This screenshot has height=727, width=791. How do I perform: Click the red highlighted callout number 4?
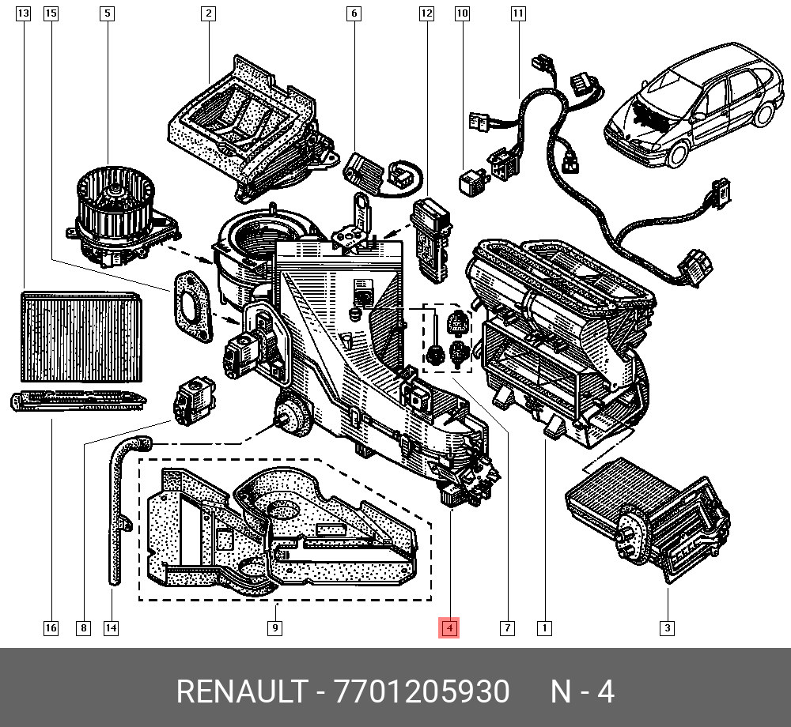point(448,629)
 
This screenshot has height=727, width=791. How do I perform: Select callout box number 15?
point(51,13)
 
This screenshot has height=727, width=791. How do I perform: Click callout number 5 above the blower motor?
point(107,13)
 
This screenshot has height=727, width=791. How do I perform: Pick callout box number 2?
point(208,13)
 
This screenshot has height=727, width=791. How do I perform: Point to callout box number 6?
point(354,13)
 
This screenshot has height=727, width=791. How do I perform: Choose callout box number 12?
point(426,13)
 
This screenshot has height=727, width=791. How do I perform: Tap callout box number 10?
point(462,13)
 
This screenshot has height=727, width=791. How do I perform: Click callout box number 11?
point(518,13)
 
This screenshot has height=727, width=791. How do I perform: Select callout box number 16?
point(51,629)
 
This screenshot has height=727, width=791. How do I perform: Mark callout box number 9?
point(274,629)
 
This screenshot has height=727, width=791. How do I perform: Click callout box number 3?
point(667,629)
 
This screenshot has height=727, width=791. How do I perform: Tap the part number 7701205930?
point(422,692)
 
